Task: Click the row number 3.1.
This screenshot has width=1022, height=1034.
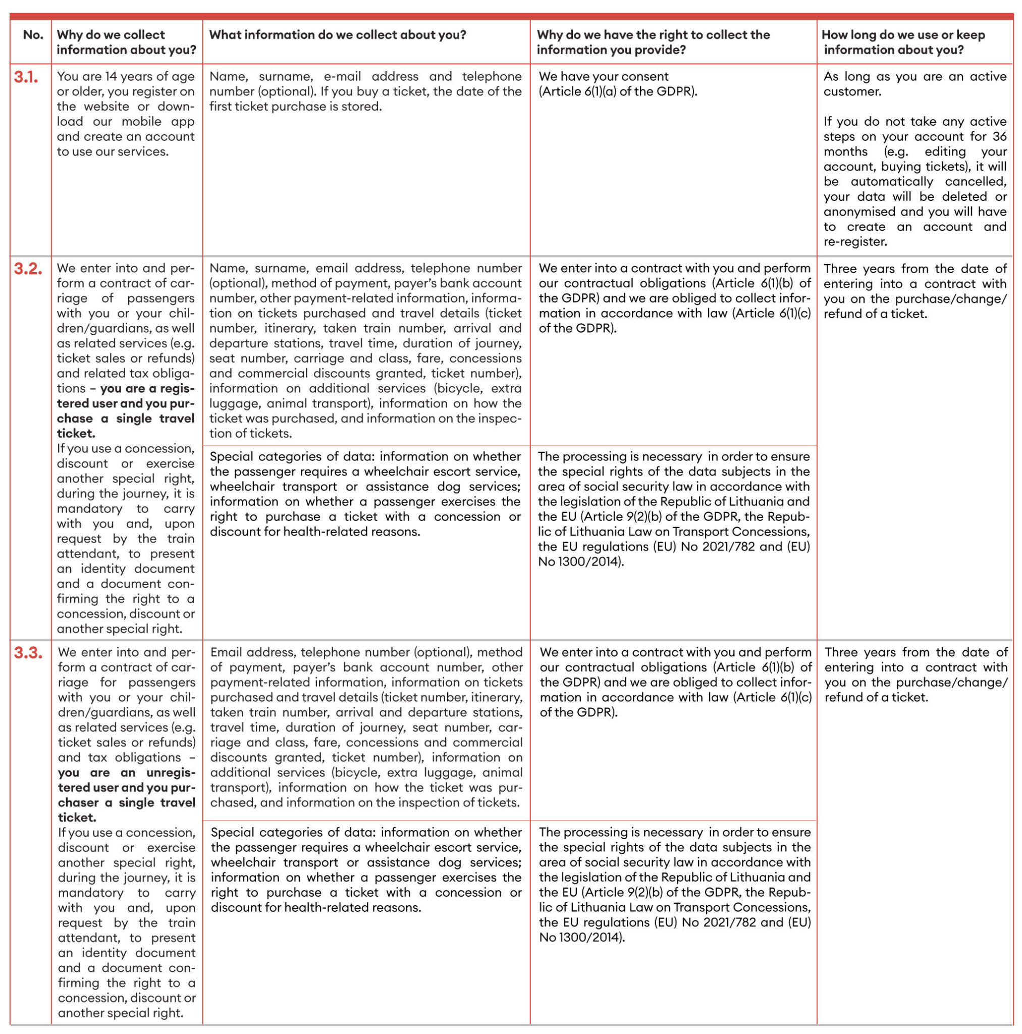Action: (x=26, y=77)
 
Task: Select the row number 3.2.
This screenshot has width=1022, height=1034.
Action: (x=28, y=269)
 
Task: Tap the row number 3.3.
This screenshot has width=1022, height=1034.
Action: (x=28, y=653)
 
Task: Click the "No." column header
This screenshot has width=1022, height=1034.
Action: (x=33, y=35)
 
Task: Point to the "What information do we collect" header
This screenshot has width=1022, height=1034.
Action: (x=338, y=35)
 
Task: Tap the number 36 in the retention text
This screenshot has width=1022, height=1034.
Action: (x=999, y=136)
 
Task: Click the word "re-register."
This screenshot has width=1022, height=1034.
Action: (x=855, y=241)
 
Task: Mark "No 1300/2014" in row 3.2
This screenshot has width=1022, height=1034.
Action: (x=580, y=561)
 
